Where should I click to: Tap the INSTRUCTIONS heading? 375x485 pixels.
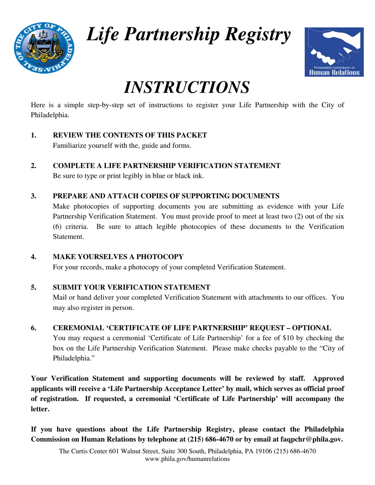187,87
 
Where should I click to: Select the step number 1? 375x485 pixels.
34,135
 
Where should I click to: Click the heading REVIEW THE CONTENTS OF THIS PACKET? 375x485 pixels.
130,135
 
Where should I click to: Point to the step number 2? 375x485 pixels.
34,166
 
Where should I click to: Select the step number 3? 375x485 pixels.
34,196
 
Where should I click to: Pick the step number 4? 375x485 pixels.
34,257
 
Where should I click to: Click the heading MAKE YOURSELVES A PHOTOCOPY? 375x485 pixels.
118,257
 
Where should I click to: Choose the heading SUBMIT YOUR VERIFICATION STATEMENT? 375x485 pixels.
131,287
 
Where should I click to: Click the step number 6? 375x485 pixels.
34,328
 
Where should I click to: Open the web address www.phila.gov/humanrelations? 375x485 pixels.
187,459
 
